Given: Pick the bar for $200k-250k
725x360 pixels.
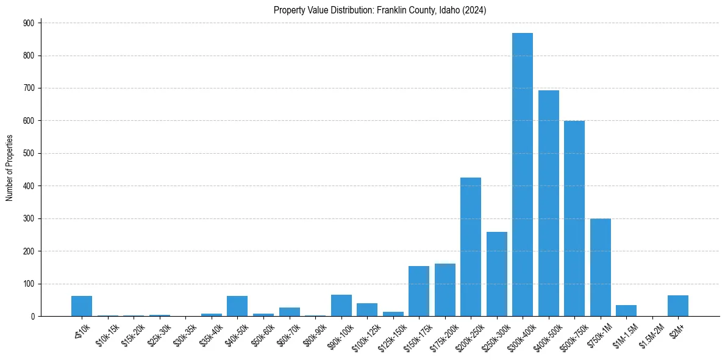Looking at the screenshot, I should pos(470,247).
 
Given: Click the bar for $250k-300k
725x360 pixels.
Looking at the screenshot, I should pos(496,274).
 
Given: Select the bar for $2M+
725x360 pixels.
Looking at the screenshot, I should pos(677,306).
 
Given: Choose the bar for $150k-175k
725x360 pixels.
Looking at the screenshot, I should pos(418,291).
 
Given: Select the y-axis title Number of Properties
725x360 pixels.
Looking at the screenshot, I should pos(9,168).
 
